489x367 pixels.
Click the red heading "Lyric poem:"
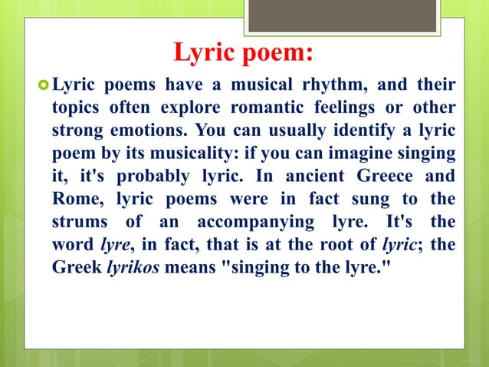(243, 54)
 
